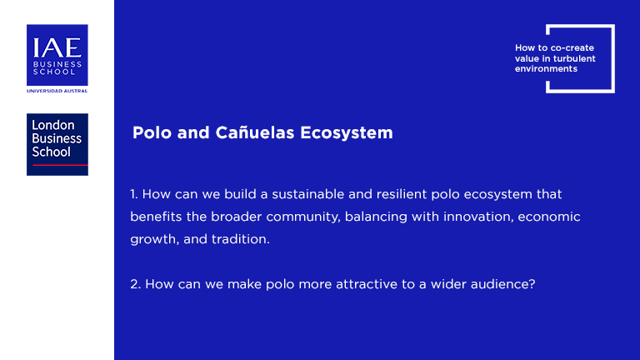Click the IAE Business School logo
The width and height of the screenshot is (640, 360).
pos(57,55)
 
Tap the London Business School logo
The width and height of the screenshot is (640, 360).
pos(57,144)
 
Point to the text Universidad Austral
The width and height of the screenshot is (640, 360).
pos(57,91)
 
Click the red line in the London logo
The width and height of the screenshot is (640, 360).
pos(60,165)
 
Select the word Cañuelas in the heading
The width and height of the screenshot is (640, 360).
pos(255,132)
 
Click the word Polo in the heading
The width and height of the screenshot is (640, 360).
pos(152,132)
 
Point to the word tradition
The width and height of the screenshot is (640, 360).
pos(241,239)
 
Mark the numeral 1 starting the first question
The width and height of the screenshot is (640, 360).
pos(134,194)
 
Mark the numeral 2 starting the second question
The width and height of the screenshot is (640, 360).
pos(136,284)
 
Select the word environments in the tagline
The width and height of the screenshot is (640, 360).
pos(546,68)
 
